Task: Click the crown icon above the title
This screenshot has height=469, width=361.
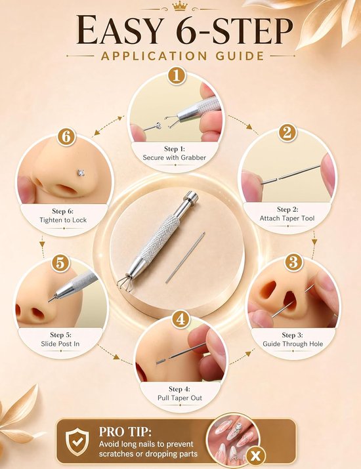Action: pos(180,7)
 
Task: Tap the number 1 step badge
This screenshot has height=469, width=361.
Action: pos(177,76)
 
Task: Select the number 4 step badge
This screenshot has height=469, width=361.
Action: pos(180,319)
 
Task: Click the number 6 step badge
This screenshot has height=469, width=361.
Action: pos(66,137)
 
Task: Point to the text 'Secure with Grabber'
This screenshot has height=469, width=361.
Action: pos(174,157)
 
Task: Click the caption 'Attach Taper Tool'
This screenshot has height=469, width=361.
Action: pos(287,218)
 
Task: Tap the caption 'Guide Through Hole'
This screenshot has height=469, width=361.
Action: pos(293,344)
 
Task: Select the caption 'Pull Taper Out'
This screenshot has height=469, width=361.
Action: pos(180,398)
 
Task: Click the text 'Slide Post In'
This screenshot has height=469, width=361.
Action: pos(60,344)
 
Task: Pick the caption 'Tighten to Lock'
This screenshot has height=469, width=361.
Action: pos(63,220)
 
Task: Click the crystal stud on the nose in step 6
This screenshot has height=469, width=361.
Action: pos(81,172)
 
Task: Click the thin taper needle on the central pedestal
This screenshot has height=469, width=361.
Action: pos(185,257)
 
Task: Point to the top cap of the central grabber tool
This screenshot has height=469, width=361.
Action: pos(191,197)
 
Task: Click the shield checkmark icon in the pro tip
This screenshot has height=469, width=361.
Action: pos(77,441)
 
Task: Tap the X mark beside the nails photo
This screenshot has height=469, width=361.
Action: pos(255,456)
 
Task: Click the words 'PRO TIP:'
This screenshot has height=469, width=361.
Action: pos(125,432)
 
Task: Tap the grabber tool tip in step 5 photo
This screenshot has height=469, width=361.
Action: pos(51,299)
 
